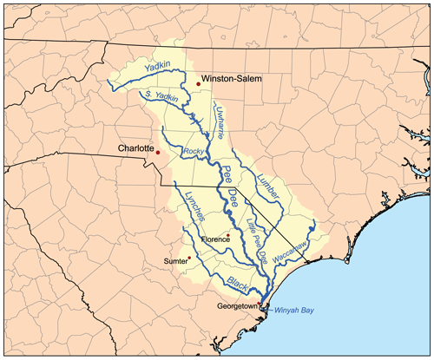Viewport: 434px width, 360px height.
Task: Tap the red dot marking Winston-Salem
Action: click(x=198, y=84)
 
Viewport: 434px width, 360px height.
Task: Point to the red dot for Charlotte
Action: click(x=158, y=154)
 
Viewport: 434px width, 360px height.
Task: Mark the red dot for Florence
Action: click(x=228, y=235)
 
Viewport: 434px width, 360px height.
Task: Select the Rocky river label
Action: click(x=194, y=151)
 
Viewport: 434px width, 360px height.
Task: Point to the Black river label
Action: click(x=237, y=281)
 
